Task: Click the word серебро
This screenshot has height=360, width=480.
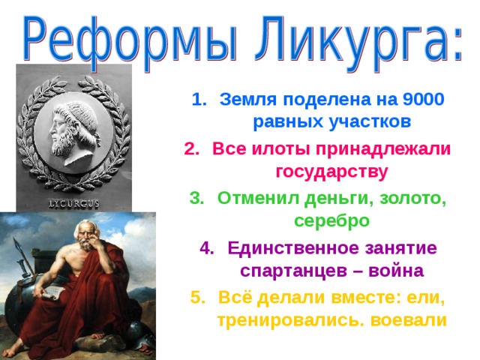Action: [331, 221]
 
